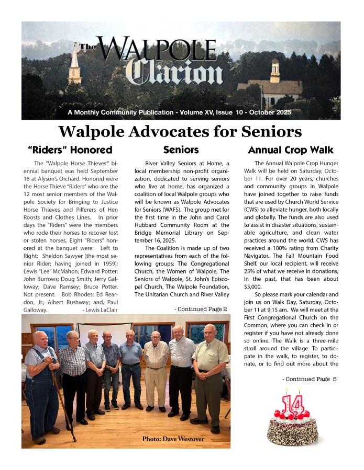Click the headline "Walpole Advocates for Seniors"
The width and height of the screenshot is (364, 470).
coord(180,131)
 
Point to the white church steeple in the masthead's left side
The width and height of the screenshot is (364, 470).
coord(75,65)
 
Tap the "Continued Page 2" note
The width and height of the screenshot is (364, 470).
coord(201,309)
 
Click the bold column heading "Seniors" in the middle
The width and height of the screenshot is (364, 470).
coord(180,150)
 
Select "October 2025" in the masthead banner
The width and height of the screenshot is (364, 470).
coord(264,112)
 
